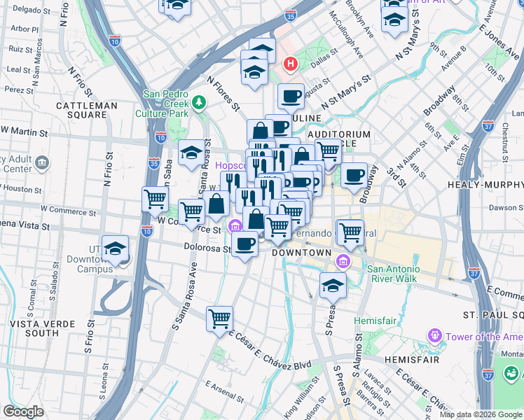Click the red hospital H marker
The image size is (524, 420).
(x=290, y=65)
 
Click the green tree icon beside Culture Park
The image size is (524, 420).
(x=200, y=104)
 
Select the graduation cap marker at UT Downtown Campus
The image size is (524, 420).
(x=116, y=248)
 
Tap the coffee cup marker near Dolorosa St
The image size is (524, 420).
(x=245, y=244)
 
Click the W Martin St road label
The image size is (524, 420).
(x=25, y=131)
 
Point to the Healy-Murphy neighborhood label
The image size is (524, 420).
(x=485, y=185)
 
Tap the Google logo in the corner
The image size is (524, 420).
(x=23, y=412)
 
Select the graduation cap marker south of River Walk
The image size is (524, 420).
(x=333, y=284)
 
